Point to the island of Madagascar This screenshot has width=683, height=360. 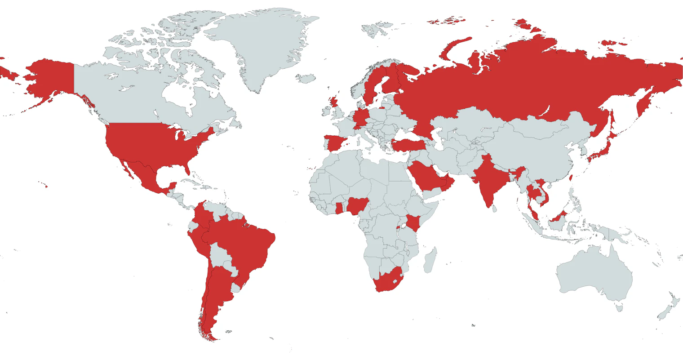click(430, 260)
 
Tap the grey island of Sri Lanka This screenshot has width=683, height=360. click(494, 208)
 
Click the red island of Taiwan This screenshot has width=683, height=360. click(571, 178)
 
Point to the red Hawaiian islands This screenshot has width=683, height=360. click(45, 187)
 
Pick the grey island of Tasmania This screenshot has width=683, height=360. click(619, 308)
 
